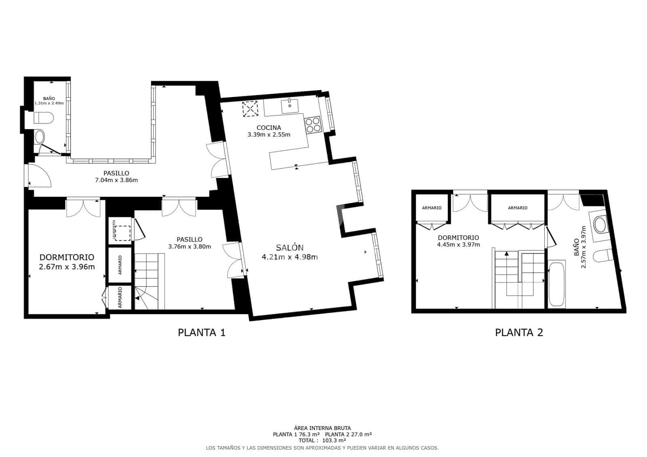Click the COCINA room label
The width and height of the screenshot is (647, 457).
269,128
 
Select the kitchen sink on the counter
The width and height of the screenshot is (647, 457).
290,106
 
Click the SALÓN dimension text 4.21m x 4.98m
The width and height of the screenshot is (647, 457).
290,257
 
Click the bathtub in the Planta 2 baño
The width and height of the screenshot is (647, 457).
557,284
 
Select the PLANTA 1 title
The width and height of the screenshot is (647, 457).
201,333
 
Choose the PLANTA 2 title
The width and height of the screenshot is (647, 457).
519,333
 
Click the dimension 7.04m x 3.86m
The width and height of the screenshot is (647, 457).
116,180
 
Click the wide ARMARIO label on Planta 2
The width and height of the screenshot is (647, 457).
518,208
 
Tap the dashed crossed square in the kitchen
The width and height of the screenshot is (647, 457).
250,109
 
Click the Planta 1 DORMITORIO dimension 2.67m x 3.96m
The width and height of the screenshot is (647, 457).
67,267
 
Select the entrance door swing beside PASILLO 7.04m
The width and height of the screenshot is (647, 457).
39,176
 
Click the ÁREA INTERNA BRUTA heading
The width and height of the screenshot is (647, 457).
322,428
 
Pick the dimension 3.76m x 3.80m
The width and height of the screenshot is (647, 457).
189,246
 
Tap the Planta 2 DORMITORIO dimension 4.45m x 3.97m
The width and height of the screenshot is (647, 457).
458,244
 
